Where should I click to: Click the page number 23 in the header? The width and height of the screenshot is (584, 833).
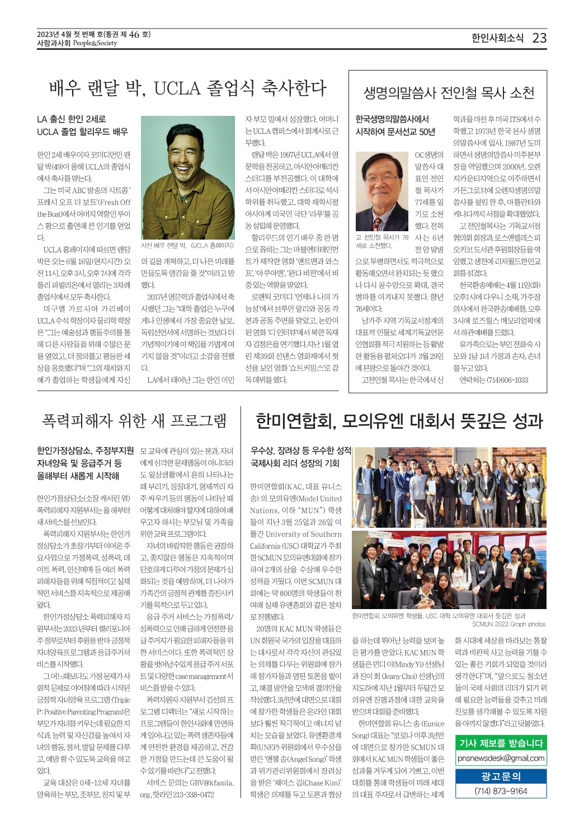[539, 38]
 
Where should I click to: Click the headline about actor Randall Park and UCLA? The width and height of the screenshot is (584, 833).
[187, 88]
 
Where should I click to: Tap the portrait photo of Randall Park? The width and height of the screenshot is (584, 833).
[188, 177]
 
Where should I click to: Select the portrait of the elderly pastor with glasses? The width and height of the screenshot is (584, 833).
[382, 191]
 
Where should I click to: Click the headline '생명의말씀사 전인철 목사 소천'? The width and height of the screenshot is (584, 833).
[449, 93]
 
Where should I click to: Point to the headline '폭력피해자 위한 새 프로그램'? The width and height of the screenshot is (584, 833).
[134, 420]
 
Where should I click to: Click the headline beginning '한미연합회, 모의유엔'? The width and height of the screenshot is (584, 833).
[399, 421]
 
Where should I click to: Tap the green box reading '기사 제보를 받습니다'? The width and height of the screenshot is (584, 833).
[501, 743]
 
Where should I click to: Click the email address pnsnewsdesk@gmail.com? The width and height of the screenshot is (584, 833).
[501, 758]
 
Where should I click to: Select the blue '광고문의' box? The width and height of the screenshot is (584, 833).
[501, 776]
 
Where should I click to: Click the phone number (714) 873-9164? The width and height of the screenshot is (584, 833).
[501, 790]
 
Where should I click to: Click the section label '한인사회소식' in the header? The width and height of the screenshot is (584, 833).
[497, 38]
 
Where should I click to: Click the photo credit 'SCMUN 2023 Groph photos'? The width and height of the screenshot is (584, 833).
[508, 624]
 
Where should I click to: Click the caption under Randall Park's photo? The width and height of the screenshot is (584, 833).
[187, 245]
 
